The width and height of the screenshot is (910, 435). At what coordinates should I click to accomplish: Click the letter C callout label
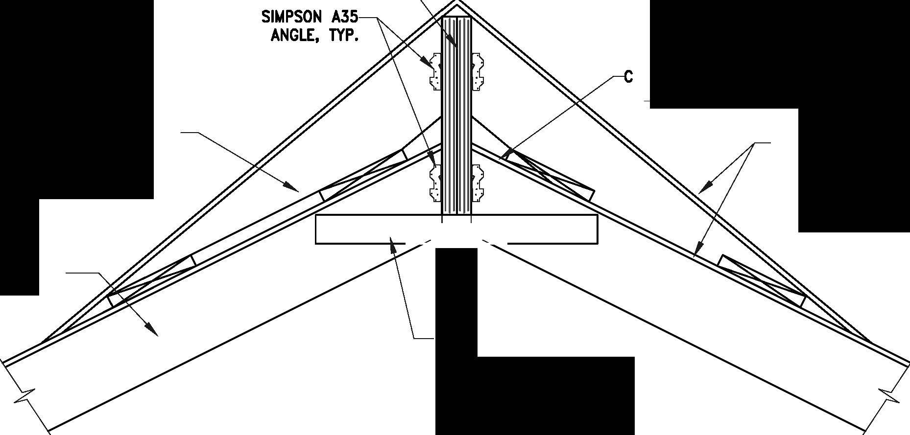tap(628, 77)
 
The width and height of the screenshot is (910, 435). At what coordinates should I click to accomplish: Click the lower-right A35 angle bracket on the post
tap(477, 183)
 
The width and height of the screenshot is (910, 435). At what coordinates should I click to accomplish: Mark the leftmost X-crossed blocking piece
tap(152, 280)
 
